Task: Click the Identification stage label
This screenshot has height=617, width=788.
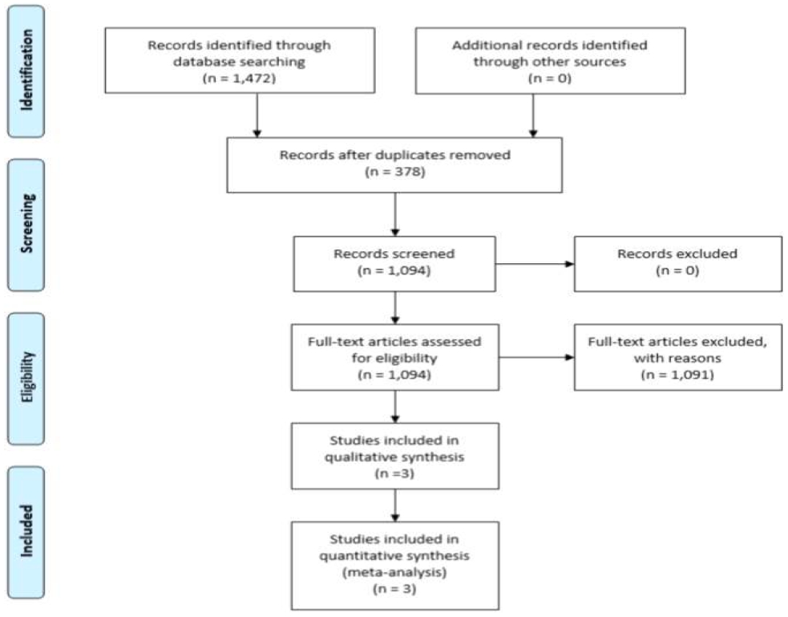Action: point(26,71)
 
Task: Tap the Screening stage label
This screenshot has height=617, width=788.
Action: point(26,225)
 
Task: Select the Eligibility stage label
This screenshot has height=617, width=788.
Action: point(26,379)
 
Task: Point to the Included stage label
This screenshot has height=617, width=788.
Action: point(26,532)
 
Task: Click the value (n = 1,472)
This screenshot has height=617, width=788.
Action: point(239,78)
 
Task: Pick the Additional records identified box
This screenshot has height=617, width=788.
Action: point(550,61)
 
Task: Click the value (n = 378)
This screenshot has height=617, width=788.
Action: point(395,172)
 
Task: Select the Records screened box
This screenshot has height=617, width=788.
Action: point(394,263)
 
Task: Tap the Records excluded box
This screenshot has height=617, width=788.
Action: point(678,263)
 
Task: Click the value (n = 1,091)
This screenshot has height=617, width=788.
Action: point(677,375)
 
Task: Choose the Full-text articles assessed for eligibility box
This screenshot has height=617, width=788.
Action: point(395,358)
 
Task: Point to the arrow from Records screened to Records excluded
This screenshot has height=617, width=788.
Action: point(535,264)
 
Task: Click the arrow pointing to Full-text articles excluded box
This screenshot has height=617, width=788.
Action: point(537,358)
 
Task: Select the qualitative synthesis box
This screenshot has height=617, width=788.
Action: point(395,456)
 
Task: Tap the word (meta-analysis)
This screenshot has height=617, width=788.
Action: point(394,572)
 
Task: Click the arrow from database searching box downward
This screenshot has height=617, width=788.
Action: point(257,116)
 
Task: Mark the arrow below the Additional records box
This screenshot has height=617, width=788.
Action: point(533,116)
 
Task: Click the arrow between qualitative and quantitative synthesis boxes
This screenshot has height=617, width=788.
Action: point(395,505)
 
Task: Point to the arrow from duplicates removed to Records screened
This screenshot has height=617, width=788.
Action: point(395,214)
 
